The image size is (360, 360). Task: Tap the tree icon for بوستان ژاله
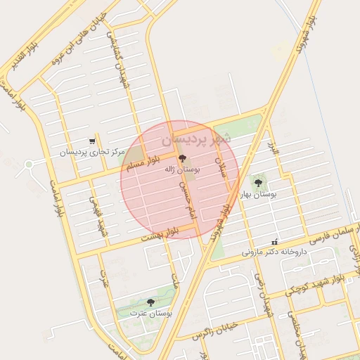click(183, 159)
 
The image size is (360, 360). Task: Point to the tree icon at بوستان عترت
click(150, 302)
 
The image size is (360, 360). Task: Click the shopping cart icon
click(92, 141)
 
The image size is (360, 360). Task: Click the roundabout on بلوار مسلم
click(29, 166)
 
